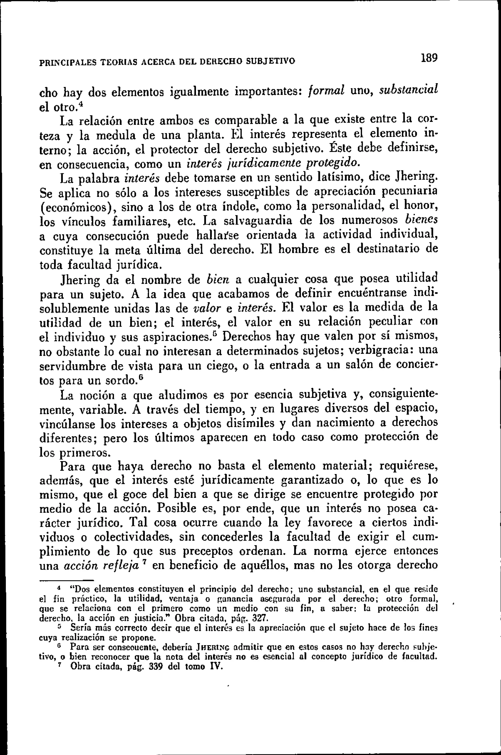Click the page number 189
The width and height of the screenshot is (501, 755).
coord(429,58)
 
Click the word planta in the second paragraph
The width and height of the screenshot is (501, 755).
coord(204,135)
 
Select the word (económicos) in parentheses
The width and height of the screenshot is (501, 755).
coord(78,207)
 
